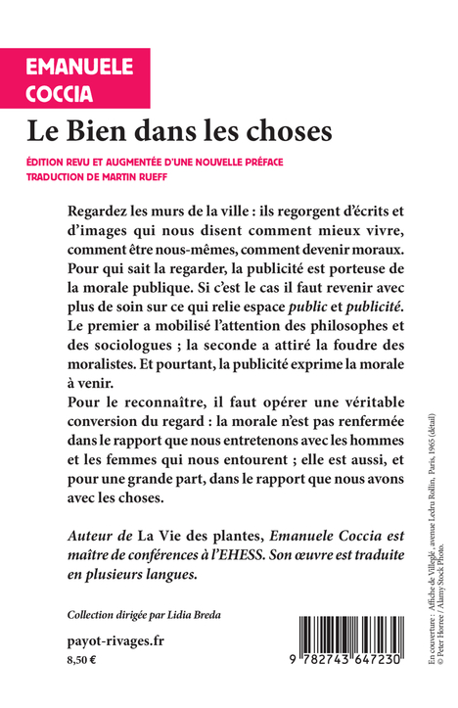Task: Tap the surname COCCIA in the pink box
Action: point(59,92)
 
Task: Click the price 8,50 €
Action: point(83,662)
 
